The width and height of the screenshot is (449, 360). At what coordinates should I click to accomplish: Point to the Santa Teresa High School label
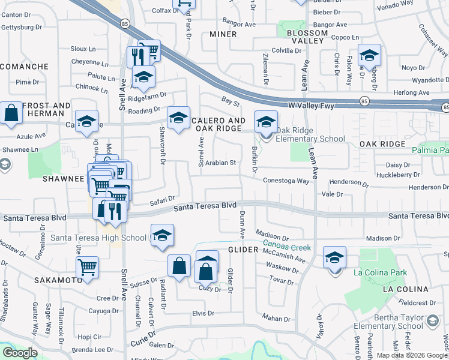click(x=98, y=238)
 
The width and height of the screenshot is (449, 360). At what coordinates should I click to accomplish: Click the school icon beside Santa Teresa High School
click(x=162, y=236)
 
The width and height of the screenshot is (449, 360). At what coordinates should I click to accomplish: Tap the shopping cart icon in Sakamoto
click(x=88, y=266)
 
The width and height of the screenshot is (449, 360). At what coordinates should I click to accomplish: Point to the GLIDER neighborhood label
click(x=242, y=249)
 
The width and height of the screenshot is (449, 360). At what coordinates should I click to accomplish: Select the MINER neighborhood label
click(x=223, y=34)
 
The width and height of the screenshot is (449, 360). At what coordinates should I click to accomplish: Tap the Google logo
click(x=19, y=353)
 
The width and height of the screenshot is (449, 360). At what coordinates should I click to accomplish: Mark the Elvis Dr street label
click(x=203, y=313)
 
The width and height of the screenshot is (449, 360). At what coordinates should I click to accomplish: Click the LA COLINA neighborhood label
click(x=405, y=289)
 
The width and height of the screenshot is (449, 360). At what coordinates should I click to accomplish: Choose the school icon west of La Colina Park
click(x=334, y=257)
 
